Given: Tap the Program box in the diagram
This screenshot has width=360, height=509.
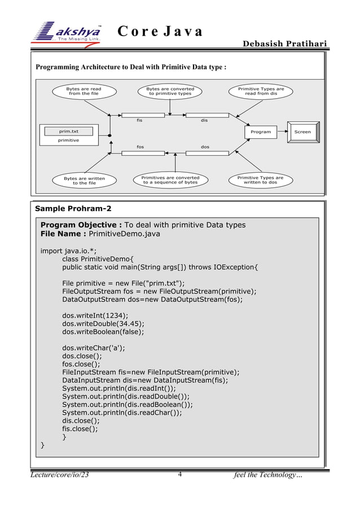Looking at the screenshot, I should click(x=261, y=131).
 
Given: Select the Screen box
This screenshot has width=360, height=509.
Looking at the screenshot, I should click(x=302, y=131).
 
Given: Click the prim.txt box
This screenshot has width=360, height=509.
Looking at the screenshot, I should click(x=69, y=131).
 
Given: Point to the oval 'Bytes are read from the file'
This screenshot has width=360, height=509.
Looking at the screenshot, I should click(x=84, y=91).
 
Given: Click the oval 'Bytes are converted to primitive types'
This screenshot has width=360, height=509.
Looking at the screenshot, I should click(x=170, y=91).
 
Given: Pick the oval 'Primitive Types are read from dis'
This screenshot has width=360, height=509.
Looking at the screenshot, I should click(x=261, y=91).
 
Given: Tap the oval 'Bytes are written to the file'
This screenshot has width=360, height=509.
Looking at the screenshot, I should click(x=80, y=181).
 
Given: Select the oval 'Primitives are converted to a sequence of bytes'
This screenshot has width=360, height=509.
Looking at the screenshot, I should click(x=170, y=180).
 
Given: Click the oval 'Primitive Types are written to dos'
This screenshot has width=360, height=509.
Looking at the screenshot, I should click(x=260, y=180).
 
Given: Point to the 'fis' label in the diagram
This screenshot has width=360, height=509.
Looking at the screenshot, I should click(x=140, y=120).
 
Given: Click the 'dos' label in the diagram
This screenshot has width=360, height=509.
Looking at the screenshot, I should click(x=205, y=147).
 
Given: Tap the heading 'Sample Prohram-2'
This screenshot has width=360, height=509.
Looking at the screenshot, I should click(x=73, y=209).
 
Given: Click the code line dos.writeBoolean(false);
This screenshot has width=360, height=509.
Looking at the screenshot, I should click(x=103, y=332).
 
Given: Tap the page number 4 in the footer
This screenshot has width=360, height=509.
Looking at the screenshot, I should click(x=179, y=475).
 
